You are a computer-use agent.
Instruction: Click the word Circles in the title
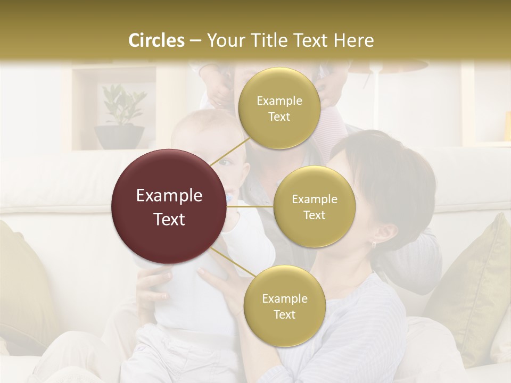pyautogui.click(x=156, y=40)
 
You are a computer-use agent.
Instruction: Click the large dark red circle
pyautogui.click(x=169, y=206)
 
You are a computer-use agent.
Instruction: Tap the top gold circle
pyautogui.click(x=279, y=108)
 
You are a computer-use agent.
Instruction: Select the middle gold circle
pyautogui.click(x=314, y=206)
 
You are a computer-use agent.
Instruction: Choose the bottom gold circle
pyautogui.click(x=284, y=306)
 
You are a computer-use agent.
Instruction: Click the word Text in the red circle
pyautogui.click(x=169, y=219)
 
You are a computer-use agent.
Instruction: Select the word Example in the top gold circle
pyautogui.click(x=279, y=101)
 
